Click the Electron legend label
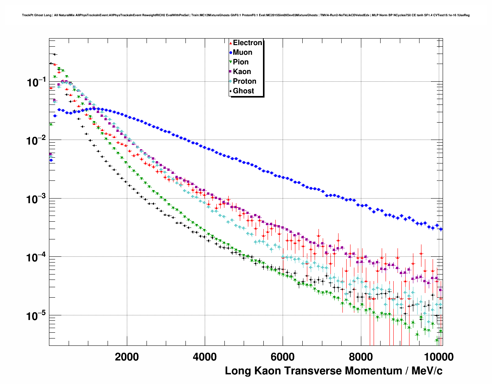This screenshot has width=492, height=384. pyautogui.click(x=248, y=43)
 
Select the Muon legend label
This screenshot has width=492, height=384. pyautogui.click(x=243, y=52)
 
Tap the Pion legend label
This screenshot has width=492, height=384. pyautogui.click(x=241, y=62)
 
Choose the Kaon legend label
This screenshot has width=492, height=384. pyautogui.click(x=242, y=72)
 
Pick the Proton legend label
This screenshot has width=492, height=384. pyautogui.click(x=244, y=81)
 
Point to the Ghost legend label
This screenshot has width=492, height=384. pyautogui.click(x=243, y=91)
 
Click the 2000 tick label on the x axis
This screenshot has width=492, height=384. pyautogui.click(x=127, y=357)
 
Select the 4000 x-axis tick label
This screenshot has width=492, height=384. pyautogui.click(x=205, y=357)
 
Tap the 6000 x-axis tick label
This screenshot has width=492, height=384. pyautogui.click(x=283, y=357)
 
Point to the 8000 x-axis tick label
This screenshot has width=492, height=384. pyautogui.click(x=361, y=357)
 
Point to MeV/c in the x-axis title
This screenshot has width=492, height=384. pyautogui.click(x=427, y=371)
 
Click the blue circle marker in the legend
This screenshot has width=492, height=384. pyautogui.click(x=231, y=52)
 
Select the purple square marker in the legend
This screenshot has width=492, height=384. pyautogui.click(x=231, y=72)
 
